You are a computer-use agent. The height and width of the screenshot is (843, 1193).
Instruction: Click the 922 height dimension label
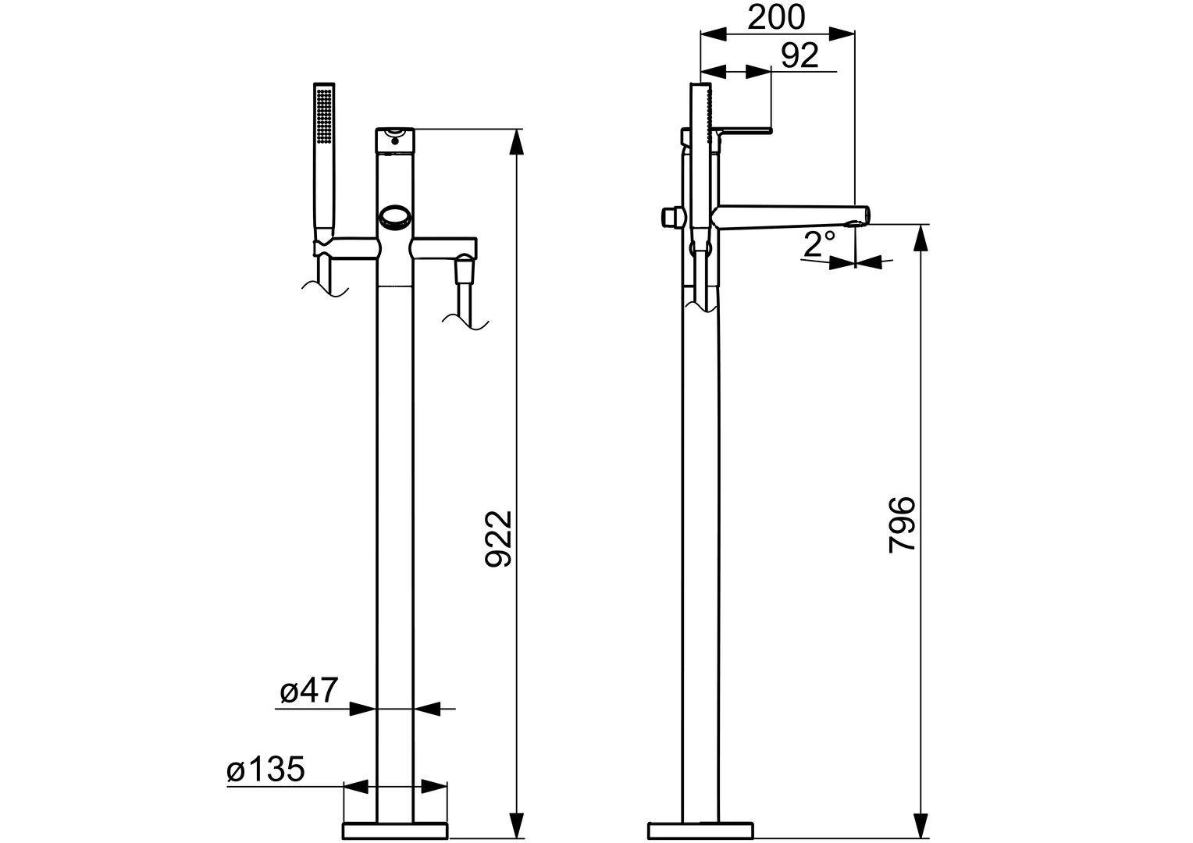pos(497,539)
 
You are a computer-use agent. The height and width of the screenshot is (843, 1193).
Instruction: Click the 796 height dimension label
pos(902,524)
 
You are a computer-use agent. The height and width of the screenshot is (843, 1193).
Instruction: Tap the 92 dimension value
pos(799,55)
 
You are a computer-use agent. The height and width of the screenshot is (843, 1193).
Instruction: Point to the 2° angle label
pos(820,245)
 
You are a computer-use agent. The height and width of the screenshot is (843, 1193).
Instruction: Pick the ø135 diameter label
pos(265,770)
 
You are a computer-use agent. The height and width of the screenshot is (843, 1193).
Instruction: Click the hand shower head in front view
pos(324,117)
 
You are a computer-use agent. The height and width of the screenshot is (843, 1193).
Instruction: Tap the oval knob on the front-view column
pos(395,217)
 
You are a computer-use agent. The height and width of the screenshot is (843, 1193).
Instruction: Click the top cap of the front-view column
pos(395,140)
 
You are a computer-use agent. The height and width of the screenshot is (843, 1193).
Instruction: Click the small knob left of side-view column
pos(668,216)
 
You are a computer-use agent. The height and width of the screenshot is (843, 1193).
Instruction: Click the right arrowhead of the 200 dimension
pos(843,34)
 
